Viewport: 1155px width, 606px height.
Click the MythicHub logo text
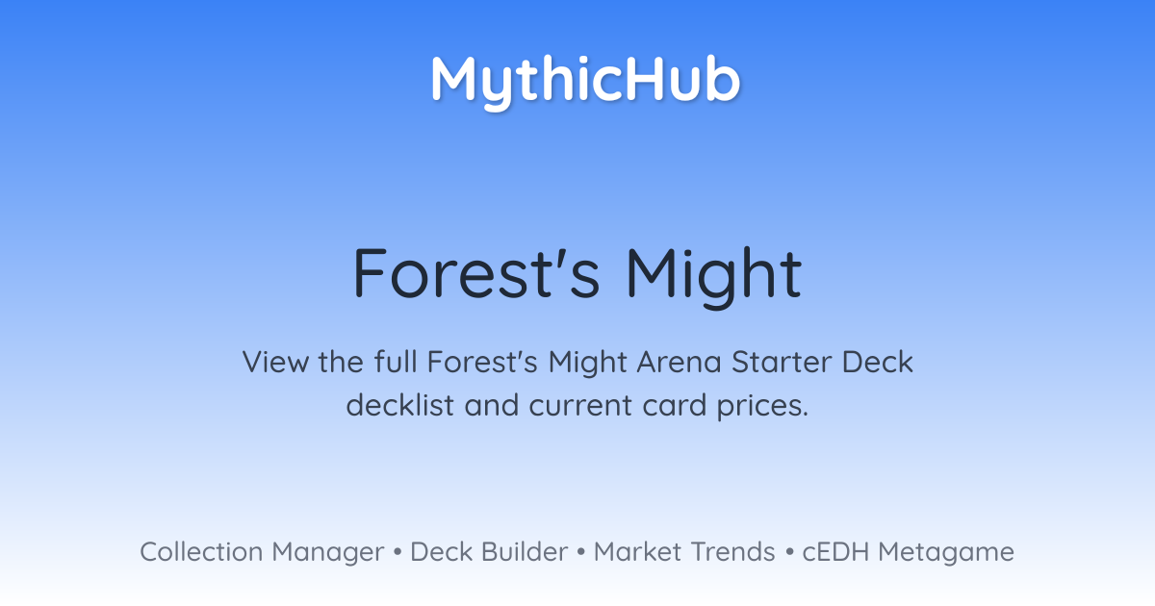point(586,82)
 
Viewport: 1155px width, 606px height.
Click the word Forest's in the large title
point(476,273)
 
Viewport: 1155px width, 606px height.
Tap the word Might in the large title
point(714,276)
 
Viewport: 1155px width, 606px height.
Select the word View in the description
point(275,362)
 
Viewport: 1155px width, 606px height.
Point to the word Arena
point(680,363)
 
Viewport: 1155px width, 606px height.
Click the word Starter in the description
point(782,363)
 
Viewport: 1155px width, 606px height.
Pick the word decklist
point(399,405)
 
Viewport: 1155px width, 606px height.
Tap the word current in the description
point(580,406)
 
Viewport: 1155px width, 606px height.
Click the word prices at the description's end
point(762,407)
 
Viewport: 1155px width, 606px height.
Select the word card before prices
point(675,405)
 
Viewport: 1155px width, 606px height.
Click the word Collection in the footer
point(201,552)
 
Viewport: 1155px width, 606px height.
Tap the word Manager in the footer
point(328,554)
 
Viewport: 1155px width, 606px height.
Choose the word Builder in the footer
point(525,552)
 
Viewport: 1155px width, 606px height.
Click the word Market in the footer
point(637,552)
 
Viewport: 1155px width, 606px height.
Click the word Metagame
point(946,554)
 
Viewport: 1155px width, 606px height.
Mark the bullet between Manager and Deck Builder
point(397,552)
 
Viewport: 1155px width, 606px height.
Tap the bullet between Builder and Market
point(581,552)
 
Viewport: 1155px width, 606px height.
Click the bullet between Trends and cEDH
point(789,552)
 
